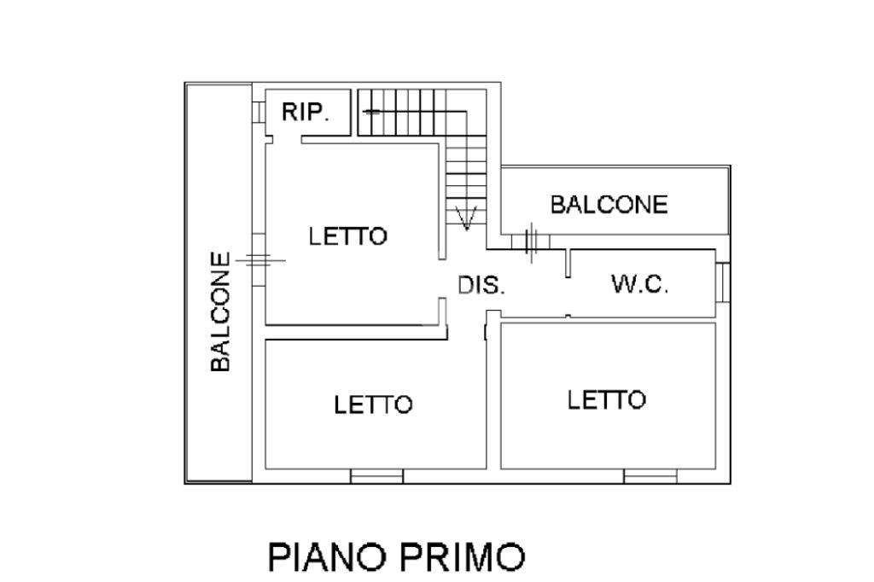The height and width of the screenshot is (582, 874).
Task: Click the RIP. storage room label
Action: click(306, 112)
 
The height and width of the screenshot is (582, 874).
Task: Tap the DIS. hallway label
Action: click(481, 285)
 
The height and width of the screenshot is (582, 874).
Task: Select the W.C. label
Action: click(639, 284)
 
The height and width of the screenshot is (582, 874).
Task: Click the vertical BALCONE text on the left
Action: click(220, 311)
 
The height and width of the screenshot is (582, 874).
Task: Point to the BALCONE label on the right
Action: click(609, 205)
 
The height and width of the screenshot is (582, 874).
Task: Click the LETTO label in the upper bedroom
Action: click(348, 236)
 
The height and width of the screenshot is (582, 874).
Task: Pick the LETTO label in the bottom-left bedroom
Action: click(373, 404)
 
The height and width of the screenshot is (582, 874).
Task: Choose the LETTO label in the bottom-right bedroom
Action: click(607, 399)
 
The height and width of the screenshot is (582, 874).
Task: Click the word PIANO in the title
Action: click(327, 556)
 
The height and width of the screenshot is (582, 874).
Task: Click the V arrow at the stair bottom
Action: click(466, 218)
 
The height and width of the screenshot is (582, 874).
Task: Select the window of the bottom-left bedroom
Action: click(376, 476)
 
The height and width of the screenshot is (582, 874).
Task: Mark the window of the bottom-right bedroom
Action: click(650, 476)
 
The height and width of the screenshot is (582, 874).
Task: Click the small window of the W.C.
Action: click(723, 282)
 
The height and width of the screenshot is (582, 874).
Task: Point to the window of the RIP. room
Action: click(259, 112)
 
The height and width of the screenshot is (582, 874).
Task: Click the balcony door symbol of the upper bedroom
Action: click(259, 260)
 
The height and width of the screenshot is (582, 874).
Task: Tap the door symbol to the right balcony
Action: click(531, 242)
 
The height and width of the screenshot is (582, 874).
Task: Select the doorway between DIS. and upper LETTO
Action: click(443, 279)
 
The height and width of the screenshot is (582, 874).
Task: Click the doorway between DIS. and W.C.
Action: click(568, 296)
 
